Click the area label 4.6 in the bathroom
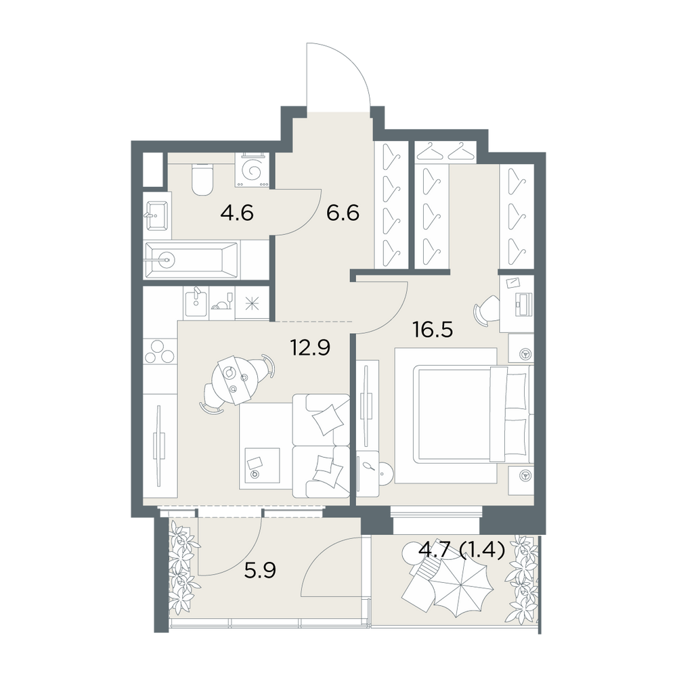coord(236,213)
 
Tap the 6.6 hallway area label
coord(343,213)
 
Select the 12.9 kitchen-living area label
coord(311,347)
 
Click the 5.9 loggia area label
coord(260,571)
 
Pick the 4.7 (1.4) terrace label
coord(462,550)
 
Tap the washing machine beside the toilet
coord(252,170)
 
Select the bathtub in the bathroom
coord(192,259)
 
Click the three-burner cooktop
coord(160,350)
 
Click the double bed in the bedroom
coord(473,414)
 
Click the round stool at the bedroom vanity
coord(386,474)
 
